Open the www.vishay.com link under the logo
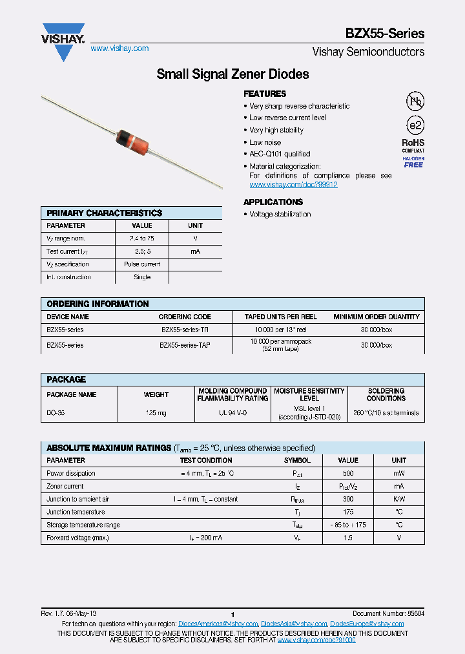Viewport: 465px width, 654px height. pos(119,48)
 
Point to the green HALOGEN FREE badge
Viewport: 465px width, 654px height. pos(413,162)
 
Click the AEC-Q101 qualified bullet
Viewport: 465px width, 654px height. pos(280,154)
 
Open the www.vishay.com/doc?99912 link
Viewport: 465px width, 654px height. pos(293,185)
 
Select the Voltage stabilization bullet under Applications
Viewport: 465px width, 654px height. pos(280,214)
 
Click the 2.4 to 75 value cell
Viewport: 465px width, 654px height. pos(141,238)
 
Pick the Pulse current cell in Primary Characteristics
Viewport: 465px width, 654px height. pos(141,264)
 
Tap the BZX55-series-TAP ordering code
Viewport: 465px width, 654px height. pos(185,345)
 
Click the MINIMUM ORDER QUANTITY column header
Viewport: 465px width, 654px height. pos(376,317)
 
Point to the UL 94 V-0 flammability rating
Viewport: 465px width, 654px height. pos(232,412)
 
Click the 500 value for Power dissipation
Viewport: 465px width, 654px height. pos(348,473)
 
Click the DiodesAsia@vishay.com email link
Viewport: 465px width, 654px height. pos(294,624)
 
